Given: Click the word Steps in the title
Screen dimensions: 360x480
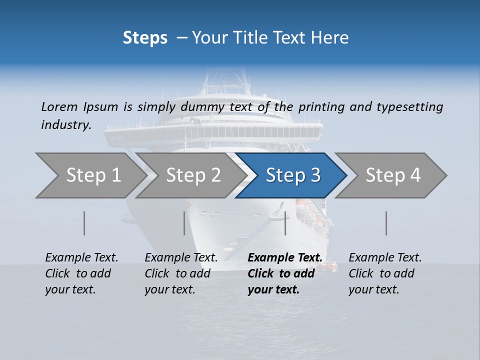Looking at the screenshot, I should [145, 38].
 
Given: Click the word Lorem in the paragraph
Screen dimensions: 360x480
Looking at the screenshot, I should [59, 106].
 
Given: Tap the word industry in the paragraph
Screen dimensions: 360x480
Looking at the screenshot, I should [66, 124].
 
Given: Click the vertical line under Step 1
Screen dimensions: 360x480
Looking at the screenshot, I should [84, 223].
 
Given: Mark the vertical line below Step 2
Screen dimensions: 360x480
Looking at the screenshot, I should [184, 223].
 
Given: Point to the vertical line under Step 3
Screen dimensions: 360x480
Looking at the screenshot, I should [285, 223].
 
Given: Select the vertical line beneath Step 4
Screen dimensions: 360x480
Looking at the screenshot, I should [386, 223].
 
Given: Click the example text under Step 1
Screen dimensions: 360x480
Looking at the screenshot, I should [81, 273].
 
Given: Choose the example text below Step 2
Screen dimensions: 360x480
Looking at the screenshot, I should [181, 273].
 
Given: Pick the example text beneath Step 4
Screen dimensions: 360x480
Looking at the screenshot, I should [385, 273].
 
